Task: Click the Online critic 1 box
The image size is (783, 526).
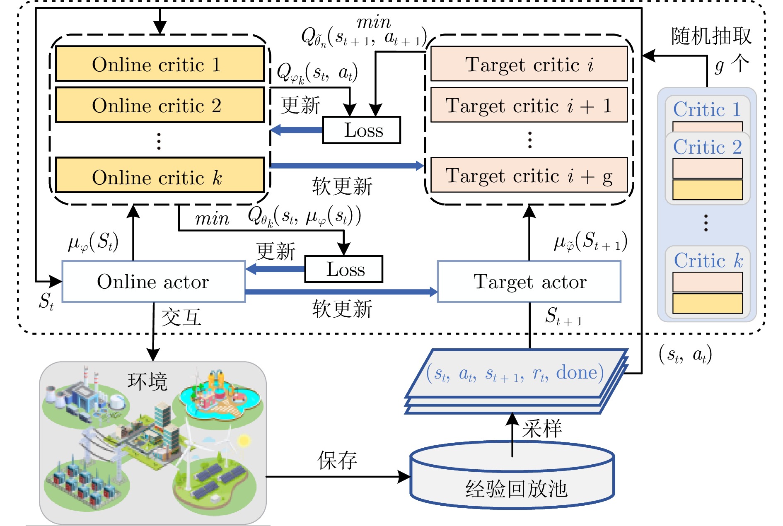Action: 160,64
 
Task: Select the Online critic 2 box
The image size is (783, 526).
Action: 160,105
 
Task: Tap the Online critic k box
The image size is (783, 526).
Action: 160,175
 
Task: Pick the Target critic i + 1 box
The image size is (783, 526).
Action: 529,105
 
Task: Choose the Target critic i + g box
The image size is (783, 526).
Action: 529,175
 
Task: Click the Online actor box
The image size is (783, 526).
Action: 154,282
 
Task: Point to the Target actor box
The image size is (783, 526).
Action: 529,282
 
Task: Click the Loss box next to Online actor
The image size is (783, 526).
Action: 344,269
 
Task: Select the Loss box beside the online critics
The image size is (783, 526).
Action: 362,130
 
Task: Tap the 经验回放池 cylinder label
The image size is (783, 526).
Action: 516,489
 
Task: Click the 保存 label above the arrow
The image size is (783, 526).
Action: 337,460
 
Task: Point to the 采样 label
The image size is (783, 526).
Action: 542,428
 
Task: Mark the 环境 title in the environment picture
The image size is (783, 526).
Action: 147,381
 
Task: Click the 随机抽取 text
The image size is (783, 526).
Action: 711,36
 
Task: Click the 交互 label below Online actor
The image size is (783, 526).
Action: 181,317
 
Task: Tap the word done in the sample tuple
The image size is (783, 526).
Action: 576,372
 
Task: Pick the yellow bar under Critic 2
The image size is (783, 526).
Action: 708,190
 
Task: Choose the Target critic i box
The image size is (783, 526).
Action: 529,64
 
